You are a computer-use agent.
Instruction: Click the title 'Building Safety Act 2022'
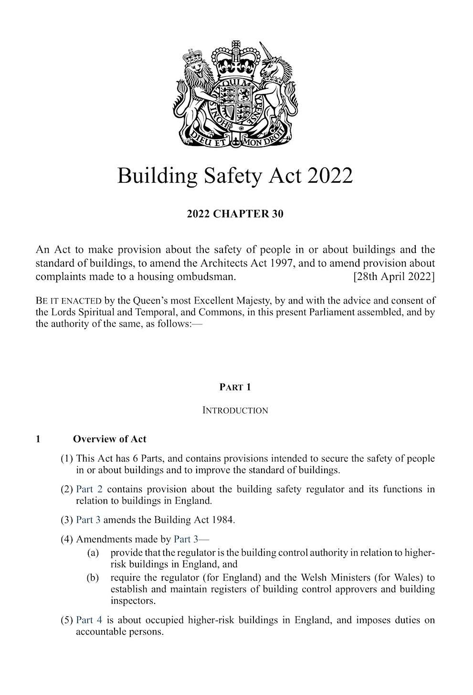coord(235,176)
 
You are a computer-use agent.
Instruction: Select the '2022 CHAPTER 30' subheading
coord(235,214)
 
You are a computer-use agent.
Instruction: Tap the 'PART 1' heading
coord(235,387)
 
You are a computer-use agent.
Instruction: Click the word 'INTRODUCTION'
coord(235,410)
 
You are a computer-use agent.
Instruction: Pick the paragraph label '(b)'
coord(93,578)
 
